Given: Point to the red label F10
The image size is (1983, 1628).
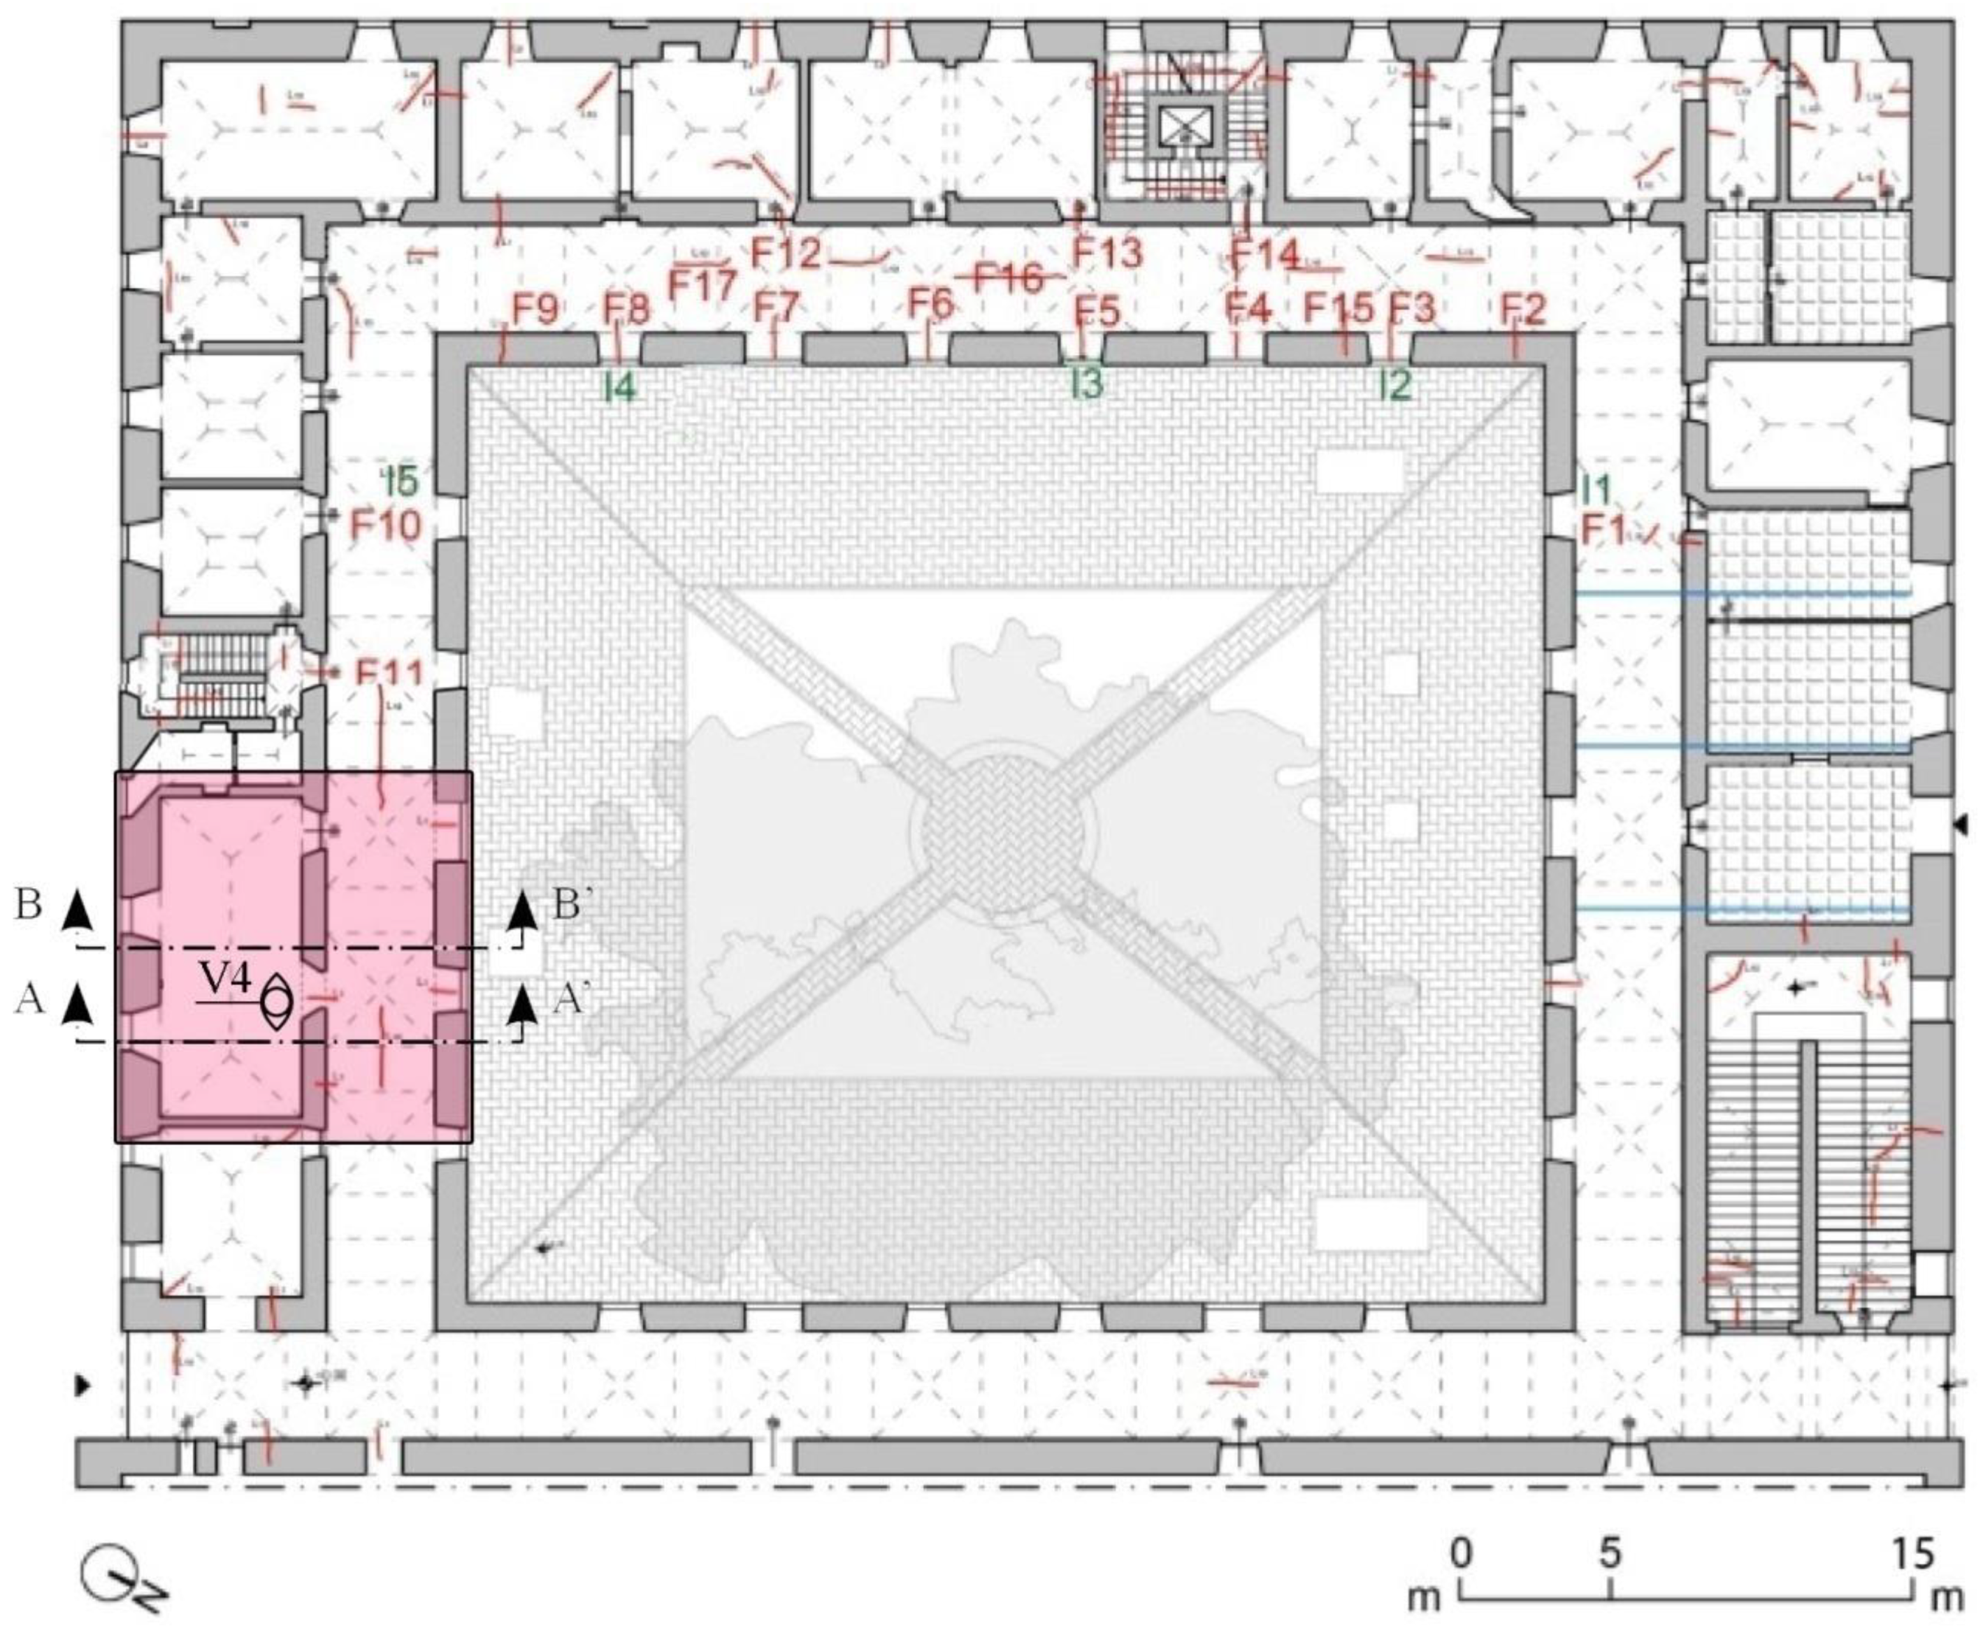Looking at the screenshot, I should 387,525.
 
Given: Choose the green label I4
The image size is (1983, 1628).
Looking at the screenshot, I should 619,387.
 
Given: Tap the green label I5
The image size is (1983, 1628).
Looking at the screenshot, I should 404,482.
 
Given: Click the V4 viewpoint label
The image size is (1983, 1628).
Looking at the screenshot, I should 227,981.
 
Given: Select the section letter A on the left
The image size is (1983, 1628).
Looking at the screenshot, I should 30,1000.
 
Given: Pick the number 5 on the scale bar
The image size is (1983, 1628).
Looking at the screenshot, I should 1610,1554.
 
